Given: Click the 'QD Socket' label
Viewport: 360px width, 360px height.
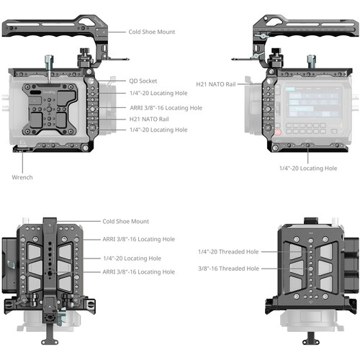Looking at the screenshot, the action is pyautogui.click(x=143, y=81).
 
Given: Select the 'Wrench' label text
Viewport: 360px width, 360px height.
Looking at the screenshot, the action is pyautogui.click(x=22, y=177).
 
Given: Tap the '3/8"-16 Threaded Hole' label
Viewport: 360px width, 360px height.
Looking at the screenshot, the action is pyautogui.click(x=228, y=269).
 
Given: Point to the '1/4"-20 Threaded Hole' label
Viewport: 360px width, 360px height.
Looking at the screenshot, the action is pyautogui.click(x=228, y=252).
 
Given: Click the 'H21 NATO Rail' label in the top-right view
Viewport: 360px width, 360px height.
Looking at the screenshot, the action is pyautogui.click(x=216, y=84).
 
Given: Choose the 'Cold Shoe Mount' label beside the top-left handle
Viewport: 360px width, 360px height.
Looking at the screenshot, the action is pyautogui.click(x=152, y=32).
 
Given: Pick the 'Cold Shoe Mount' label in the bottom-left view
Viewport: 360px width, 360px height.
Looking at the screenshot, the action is pyautogui.click(x=125, y=221).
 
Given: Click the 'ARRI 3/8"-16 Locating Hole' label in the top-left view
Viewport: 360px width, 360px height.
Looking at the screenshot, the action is pyautogui.click(x=166, y=108).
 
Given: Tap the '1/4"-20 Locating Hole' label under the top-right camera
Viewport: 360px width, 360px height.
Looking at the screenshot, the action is pyautogui.click(x=308, y=168).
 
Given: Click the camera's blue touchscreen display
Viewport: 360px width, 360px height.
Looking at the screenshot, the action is pyautogui.click(x=313, y=102).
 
